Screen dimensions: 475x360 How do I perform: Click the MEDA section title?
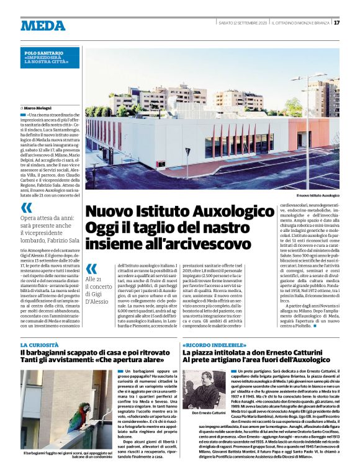click(43, 25)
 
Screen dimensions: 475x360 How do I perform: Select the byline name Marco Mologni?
click(39, 108)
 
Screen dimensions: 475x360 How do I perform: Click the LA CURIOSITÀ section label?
click(40, 344)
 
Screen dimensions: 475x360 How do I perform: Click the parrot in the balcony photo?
click(81, 409)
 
